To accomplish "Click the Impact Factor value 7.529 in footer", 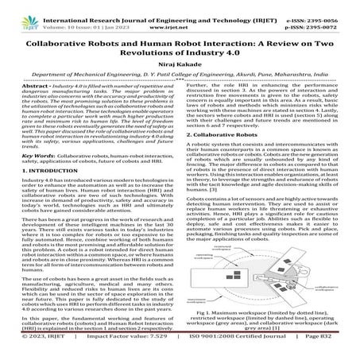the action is pos(129,347).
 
